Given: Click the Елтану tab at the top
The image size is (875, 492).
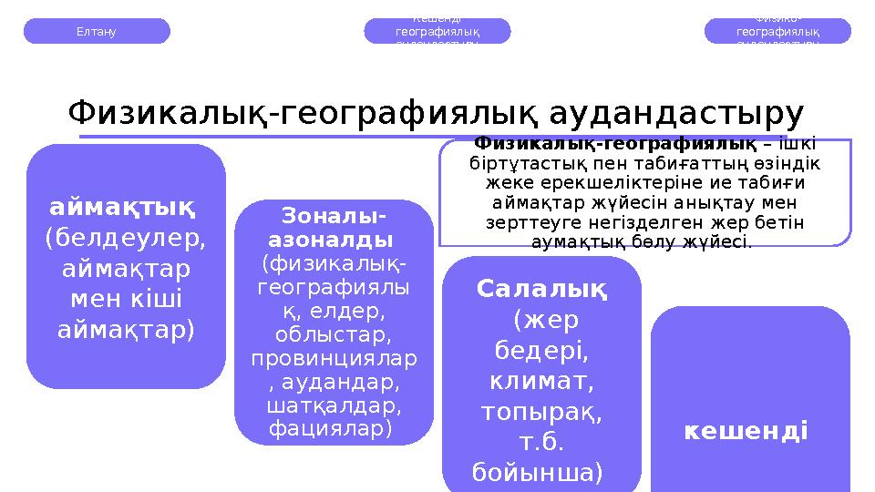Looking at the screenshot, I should pos(96,31).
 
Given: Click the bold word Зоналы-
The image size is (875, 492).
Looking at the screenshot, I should pos(334,217).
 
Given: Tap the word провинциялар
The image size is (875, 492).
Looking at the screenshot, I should pos(334,358).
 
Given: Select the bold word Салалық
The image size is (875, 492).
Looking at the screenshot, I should pos(541,290).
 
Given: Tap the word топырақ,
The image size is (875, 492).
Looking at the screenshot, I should pos(541,412).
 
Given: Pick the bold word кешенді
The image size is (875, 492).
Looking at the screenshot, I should pos(746,429).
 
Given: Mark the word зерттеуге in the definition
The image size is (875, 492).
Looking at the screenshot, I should pos(530,221).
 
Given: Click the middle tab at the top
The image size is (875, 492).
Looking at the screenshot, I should pos(437,31).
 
